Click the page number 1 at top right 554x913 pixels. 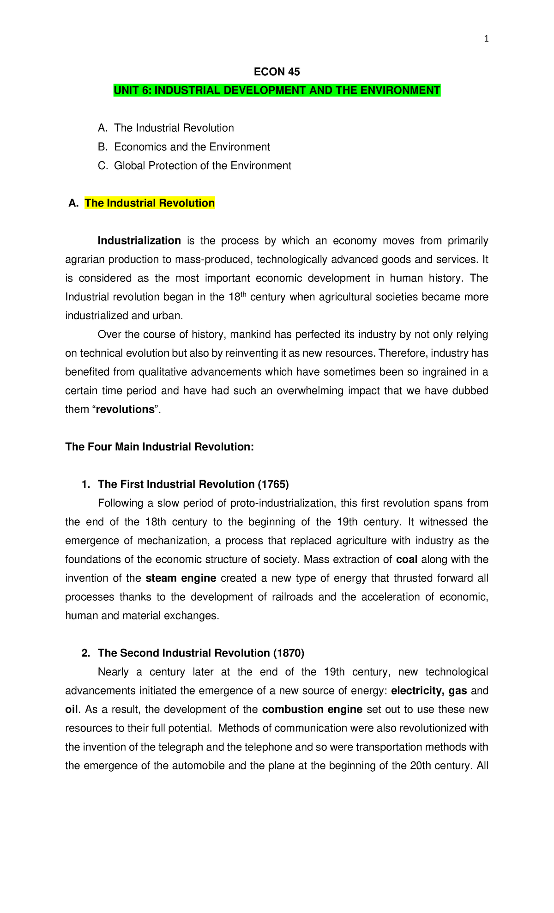click(486, 39)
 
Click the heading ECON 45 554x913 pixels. click(277, 72)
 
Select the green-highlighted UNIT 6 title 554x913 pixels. click(277, 90)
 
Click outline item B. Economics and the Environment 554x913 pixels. click(184, 147)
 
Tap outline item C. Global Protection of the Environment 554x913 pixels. click(194, 165)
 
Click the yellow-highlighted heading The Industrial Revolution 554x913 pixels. click(150, 203)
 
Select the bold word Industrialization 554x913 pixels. click(139, 241)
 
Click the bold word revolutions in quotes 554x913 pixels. click(125, 409)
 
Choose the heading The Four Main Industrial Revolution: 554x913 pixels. click(160, 447)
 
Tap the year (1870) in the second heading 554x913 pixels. click(289, 653)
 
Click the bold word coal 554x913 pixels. click(407, 560)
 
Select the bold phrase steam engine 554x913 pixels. click(181, 578)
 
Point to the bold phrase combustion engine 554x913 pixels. click(312, 710)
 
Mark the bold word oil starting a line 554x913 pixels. click(72, 710)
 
